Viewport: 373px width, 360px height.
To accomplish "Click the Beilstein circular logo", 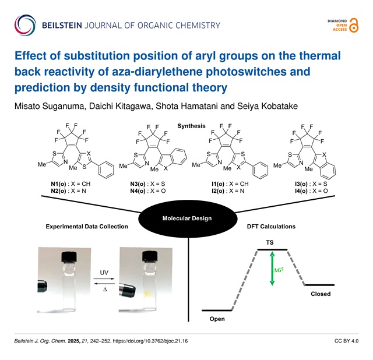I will pyautogui.click(x=26, y=25).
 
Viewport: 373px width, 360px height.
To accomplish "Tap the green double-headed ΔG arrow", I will pyautogui.click(x=272, y=267).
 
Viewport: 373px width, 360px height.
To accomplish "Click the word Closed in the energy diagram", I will pyautogui.click(x=321, y=294).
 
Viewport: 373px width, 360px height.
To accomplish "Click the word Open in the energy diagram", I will pyautogui.click(x=217, y=319).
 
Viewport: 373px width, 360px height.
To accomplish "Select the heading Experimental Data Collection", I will pyautogui.click(x=87, y=226).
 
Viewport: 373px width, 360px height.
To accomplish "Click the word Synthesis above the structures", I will pyautogui.click(x=187, y=126).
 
